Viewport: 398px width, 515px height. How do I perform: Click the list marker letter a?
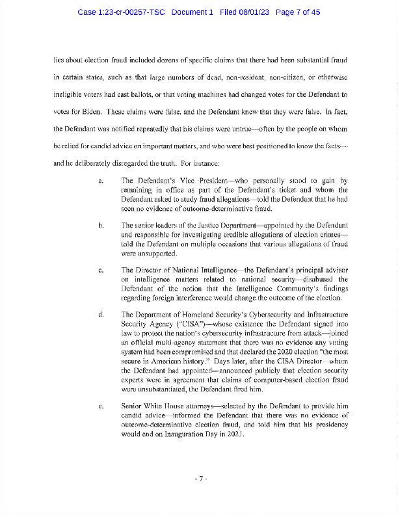(100, 180)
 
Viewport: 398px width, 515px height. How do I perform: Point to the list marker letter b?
(100, 225)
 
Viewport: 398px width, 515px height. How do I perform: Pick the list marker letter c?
(100, 270)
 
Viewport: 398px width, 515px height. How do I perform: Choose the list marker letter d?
(100, 315)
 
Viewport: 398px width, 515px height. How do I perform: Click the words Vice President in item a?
(187, 180)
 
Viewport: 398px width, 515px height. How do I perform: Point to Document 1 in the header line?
(192, 12)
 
